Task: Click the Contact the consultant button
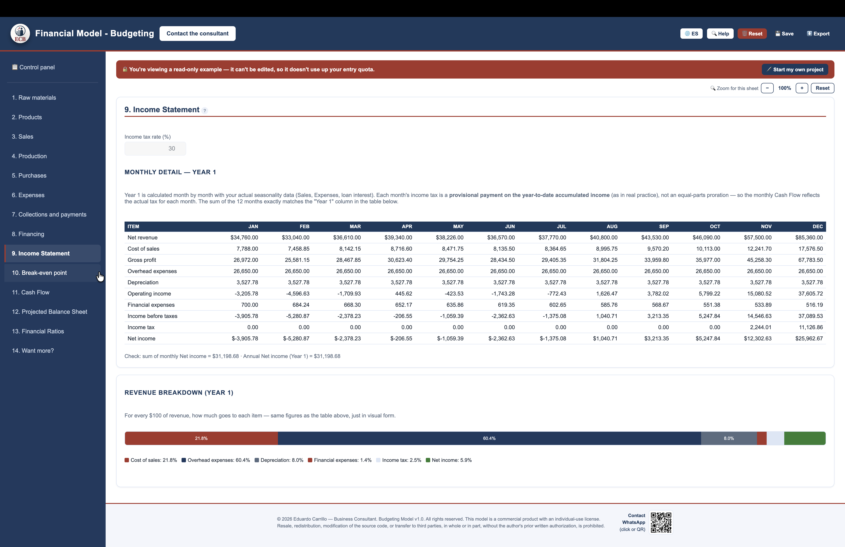pos(197,33)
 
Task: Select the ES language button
pos(691,34)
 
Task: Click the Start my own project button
pos(795,70)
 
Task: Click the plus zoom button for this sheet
pos(802,88)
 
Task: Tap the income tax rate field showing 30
pos(155,148)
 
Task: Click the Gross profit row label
pos(142,260)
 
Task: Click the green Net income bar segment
pos(805,438)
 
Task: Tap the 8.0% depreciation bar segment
pos(729,438)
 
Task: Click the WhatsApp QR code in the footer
pos(661,523)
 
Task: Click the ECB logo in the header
pos(20,34)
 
